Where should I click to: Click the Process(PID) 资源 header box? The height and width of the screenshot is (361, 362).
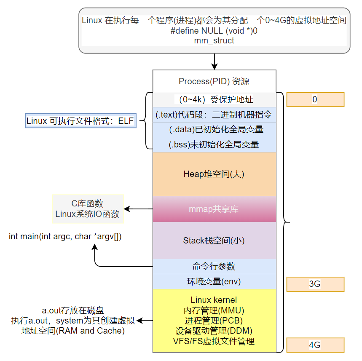click(214, 81)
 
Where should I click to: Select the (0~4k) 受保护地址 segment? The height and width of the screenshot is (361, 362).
click(214, 100)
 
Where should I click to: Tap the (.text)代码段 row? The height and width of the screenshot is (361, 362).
click(214, 115)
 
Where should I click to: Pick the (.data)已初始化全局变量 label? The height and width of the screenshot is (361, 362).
click(214, 129)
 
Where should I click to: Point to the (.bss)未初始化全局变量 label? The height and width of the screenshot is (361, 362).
click(214, 144)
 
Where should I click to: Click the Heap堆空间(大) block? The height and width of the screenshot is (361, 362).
click(214, 174)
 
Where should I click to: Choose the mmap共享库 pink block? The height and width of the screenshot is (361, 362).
click(214, 209)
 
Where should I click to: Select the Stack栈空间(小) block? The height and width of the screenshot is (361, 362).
click(214, 241)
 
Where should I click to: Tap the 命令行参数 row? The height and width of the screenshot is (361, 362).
click(214, 266)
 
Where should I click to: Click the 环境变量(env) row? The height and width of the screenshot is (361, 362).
click(214, 281)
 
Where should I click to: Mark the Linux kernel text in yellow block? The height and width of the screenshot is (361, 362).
click(214, 300)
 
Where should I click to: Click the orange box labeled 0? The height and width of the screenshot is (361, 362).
click(315, 99)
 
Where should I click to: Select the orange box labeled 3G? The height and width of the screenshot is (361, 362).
click(315, 284)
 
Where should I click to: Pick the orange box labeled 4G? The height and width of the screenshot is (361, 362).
click(315, 345)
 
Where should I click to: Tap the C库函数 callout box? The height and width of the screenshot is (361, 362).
click(87, 209)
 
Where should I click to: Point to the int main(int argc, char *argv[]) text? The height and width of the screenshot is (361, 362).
click(65, 236)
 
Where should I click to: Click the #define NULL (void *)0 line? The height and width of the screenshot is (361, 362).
click(214, 31)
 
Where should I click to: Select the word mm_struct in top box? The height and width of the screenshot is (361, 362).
click(214, 41)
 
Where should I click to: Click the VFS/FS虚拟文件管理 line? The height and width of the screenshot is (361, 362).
click(214, 341)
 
